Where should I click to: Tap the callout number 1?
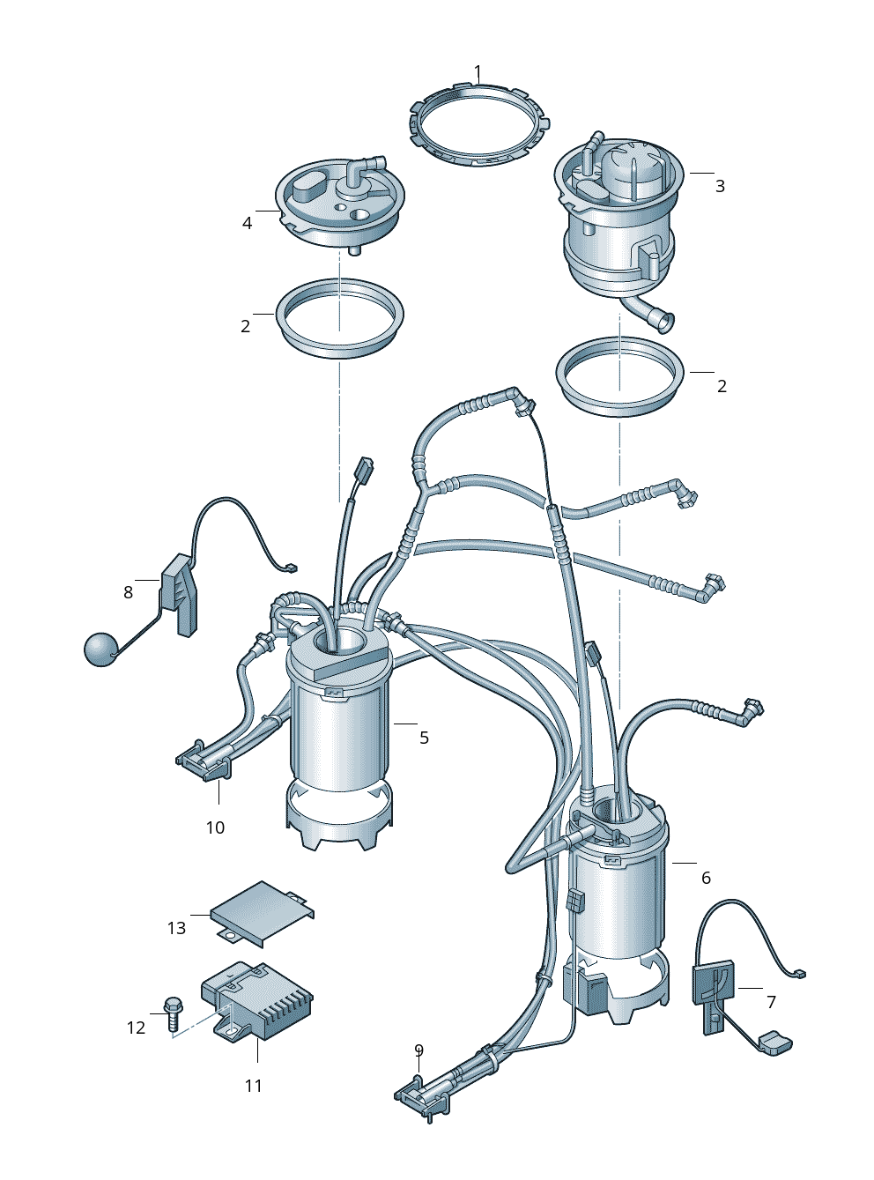point(478,71)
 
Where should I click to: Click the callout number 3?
point(720,186)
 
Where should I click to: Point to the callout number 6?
point(706,878)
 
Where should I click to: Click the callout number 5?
point(424,738)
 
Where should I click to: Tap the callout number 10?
point(216,827)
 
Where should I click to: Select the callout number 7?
point(771,1002)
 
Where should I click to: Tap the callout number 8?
point(129,591)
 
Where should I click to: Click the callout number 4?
point(247,224)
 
